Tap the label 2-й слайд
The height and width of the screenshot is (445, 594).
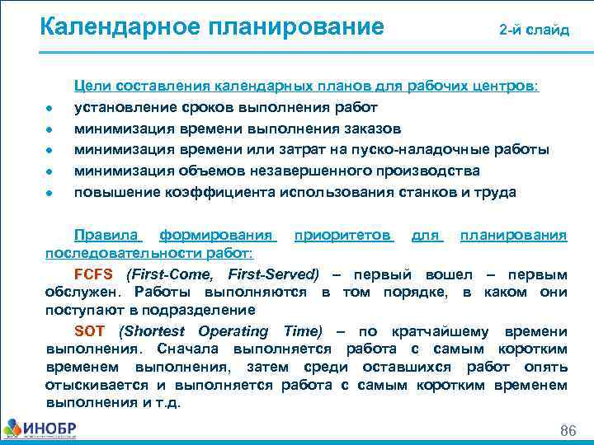pyautogui.click(x=534, y=30)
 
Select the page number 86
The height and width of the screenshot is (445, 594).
pyautogui.click(x=568, y=431)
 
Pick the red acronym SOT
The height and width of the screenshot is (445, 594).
pyautogui.click(x=90, y=331)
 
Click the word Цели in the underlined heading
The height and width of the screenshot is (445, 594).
pyautogui.click(x=91, y=86)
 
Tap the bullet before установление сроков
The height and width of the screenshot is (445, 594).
pyautogui.click(x=50, y=109)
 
